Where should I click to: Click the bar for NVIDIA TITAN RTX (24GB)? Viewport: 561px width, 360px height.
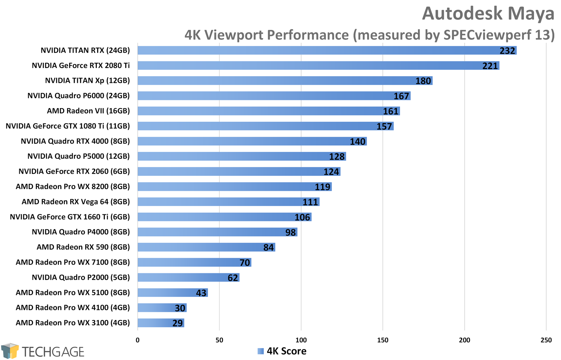tap(327, 51)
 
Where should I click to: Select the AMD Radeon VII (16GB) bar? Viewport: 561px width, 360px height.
tap(269, 111)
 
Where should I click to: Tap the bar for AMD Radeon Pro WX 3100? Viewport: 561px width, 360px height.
tap(161, 323)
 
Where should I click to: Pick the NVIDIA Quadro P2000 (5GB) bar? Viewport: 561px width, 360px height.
tap(188, 278)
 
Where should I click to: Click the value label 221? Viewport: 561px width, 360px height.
tap(490, 66)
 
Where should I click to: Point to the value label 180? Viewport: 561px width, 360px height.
tap(423, 81)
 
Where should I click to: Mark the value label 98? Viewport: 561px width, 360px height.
tap(291, 232)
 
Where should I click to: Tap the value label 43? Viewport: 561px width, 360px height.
tap(201, 293)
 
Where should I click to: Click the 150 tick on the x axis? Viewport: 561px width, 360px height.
tap(383, 340)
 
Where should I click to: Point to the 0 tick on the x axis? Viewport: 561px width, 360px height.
tap(137, 340)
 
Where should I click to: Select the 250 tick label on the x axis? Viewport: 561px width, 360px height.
tap(546, 340)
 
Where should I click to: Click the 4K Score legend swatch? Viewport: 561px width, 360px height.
tap(261, 351)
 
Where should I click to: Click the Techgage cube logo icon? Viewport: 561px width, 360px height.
tap(10, 351)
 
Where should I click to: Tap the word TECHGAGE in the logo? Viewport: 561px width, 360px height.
tap(53, 352)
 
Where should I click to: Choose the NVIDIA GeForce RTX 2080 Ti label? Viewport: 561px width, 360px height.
tap(81, 66)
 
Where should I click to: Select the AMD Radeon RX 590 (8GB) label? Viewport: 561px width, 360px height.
tap(83, 247)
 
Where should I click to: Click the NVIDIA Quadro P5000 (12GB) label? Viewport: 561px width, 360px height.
tap(79, 156)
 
